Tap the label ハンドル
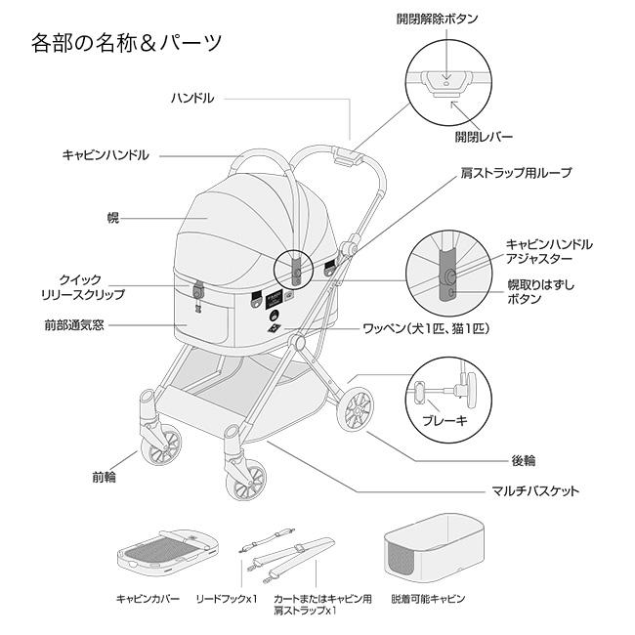(192, 99)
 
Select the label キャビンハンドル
(106, 154)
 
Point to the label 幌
(112, 217)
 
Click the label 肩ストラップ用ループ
(516, 173)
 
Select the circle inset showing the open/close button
(445, 82)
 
